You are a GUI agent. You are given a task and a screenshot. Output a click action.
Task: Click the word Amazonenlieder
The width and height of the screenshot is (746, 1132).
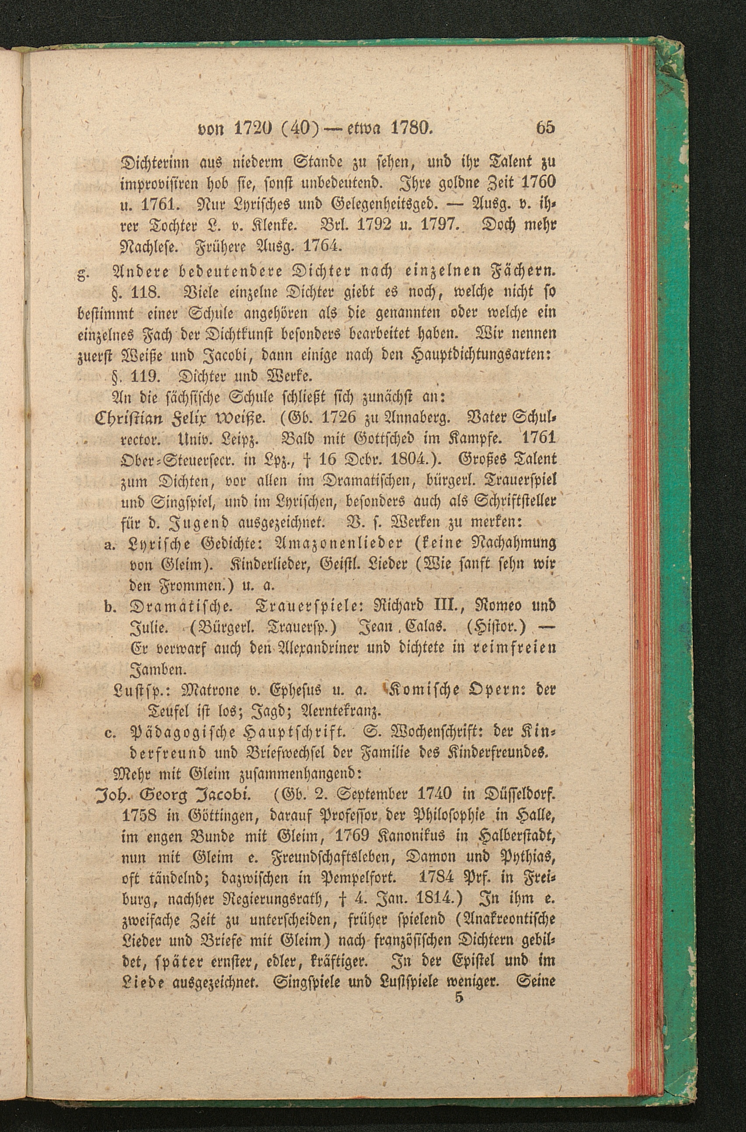338,543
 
